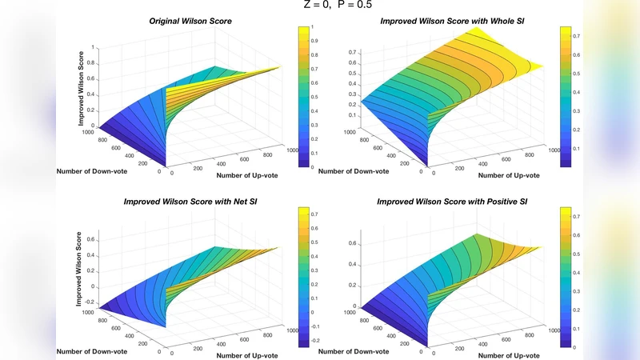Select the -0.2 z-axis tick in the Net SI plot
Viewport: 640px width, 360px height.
point(90,302)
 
